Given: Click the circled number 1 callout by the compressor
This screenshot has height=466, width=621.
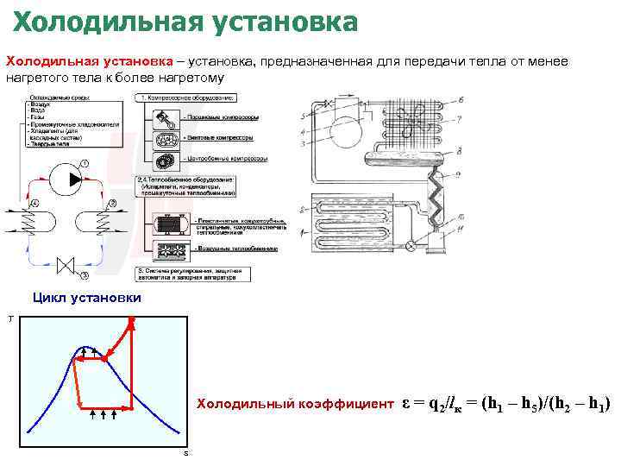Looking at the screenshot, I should click(x=84, y=163).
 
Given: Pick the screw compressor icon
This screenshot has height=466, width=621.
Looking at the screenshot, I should click(x=166, y=138).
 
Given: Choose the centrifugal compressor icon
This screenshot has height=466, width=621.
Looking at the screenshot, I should click(x=166, y=161).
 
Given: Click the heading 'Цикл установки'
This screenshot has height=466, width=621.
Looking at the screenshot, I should click(x=87, y=299).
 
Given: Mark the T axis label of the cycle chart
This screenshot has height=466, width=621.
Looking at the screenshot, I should click(x=10, y=319).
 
